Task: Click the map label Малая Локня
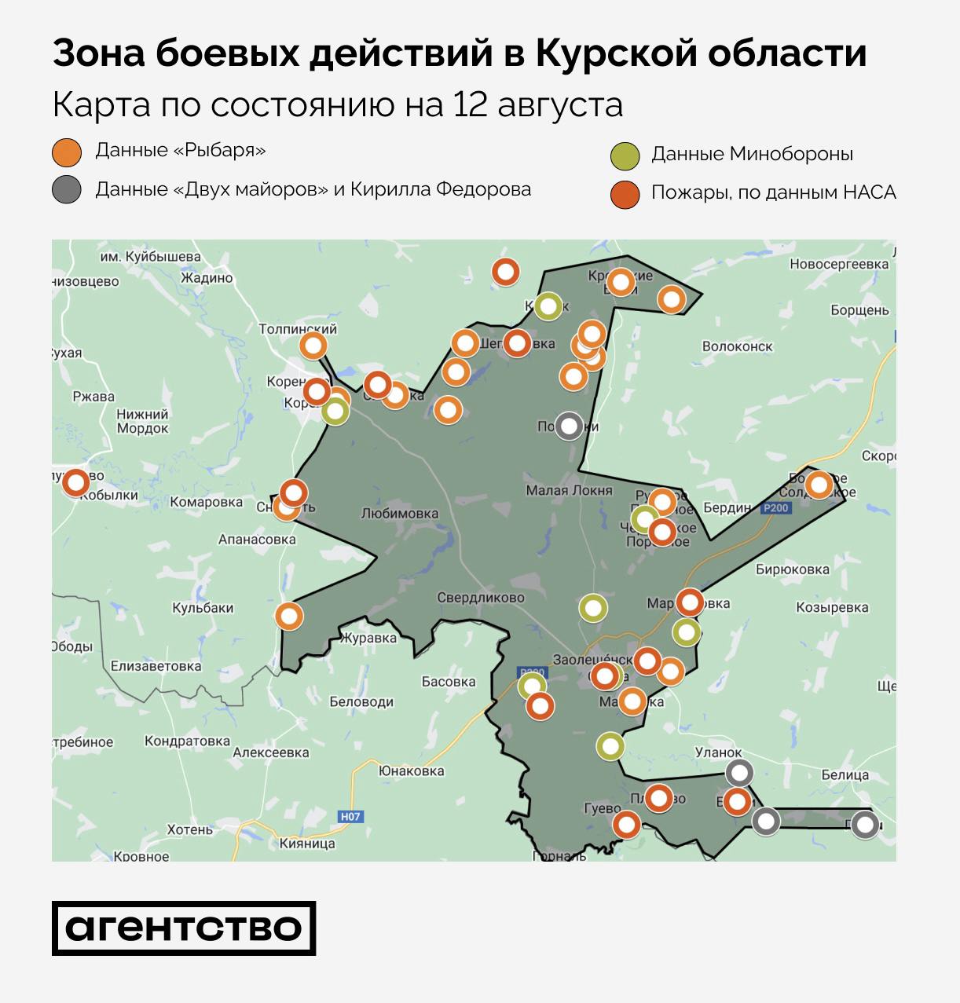point(569,490)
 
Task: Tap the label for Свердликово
point(481,598)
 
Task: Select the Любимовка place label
point(399,514)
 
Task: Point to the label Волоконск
point(737,346)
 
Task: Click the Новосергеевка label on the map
point(838,264)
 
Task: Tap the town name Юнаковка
point(411,771)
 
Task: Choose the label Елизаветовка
point(156,666)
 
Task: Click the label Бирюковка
point(792,569)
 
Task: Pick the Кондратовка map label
point(187,741)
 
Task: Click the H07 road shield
point(350,816)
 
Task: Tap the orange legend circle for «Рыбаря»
point(67,152)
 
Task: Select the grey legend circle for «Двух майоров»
point(67,190)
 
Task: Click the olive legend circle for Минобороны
point(625,156)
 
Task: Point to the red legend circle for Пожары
point(625,194)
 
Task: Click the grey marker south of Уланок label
point(739,772)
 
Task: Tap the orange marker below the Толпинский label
point(313,346)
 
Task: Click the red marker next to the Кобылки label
point(76,482)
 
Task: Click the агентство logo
point(184,928)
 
